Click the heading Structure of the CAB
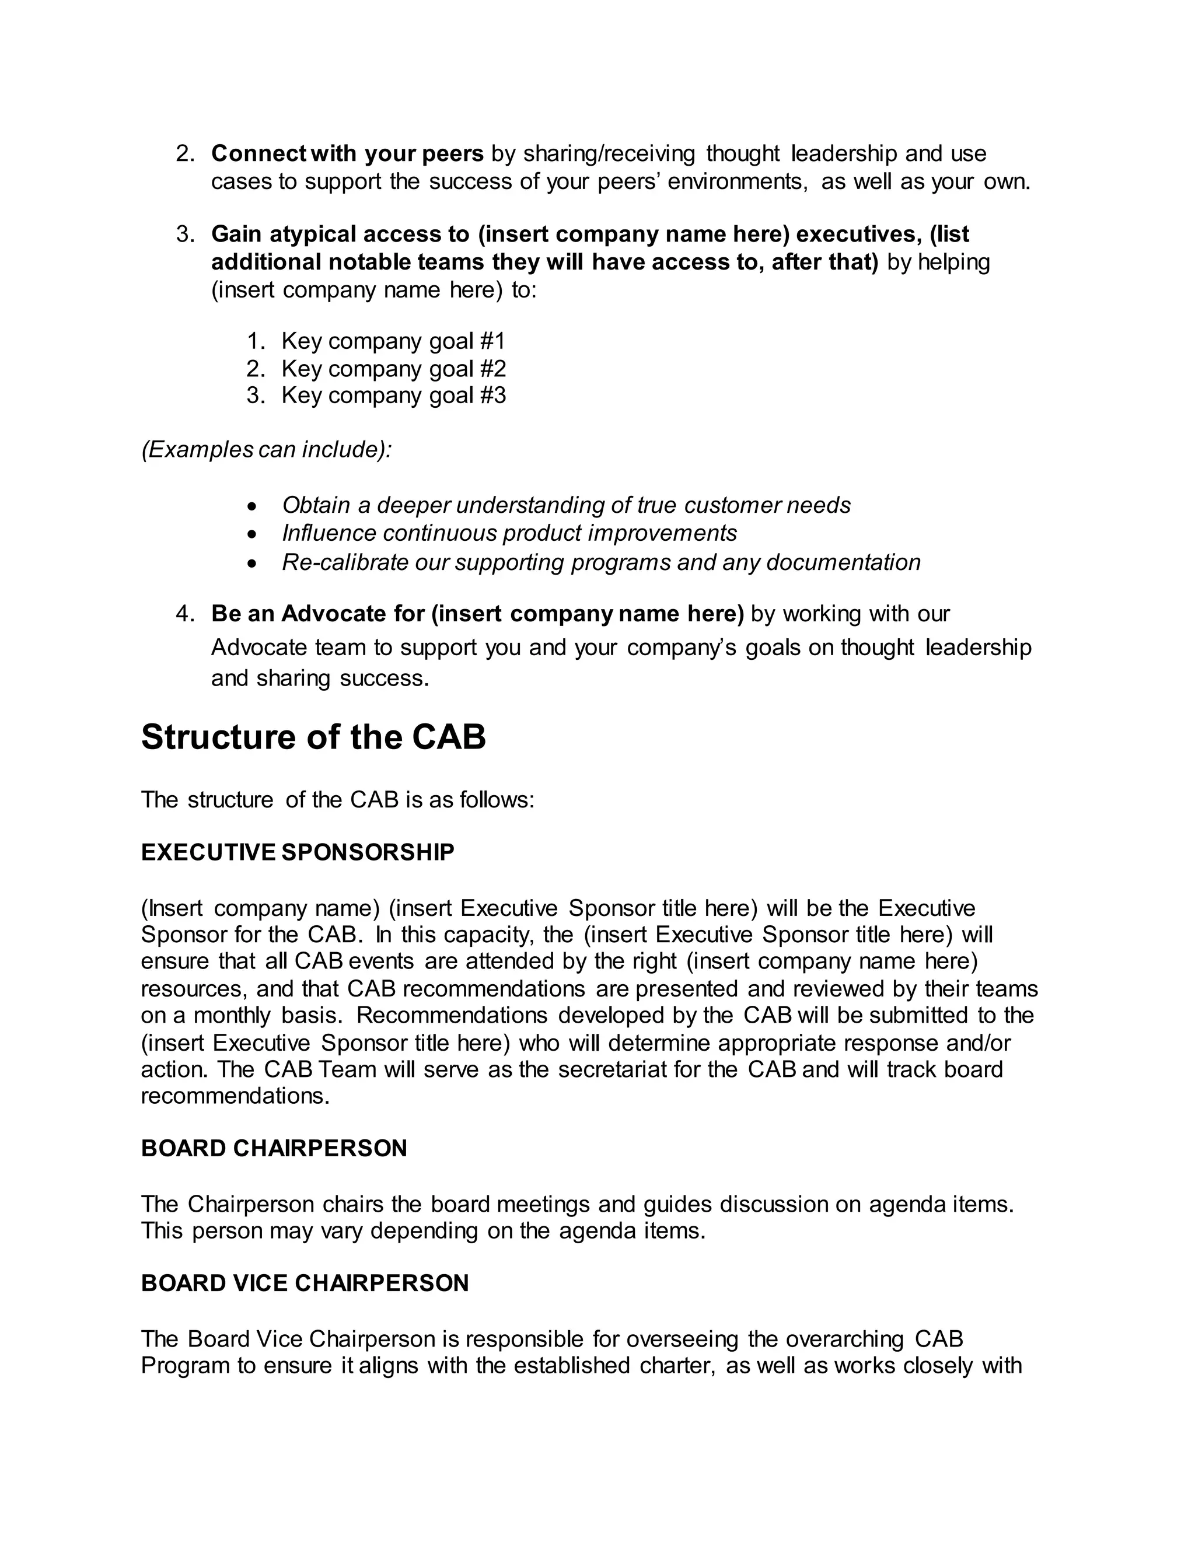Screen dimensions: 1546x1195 (313, 737)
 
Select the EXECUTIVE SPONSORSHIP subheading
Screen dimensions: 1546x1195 (298, 852)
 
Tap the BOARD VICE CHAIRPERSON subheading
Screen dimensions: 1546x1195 (305, 1283)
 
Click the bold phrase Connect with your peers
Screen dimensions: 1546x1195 (347, 153)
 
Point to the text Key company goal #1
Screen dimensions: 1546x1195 (393, 341)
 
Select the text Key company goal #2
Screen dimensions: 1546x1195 (393, 369)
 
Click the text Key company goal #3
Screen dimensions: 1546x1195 (393, 395)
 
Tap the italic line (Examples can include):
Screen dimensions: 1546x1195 (266, 449)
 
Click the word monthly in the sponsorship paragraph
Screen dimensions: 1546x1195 (233, 1015)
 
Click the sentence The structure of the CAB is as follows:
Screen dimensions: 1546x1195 (338, 800)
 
